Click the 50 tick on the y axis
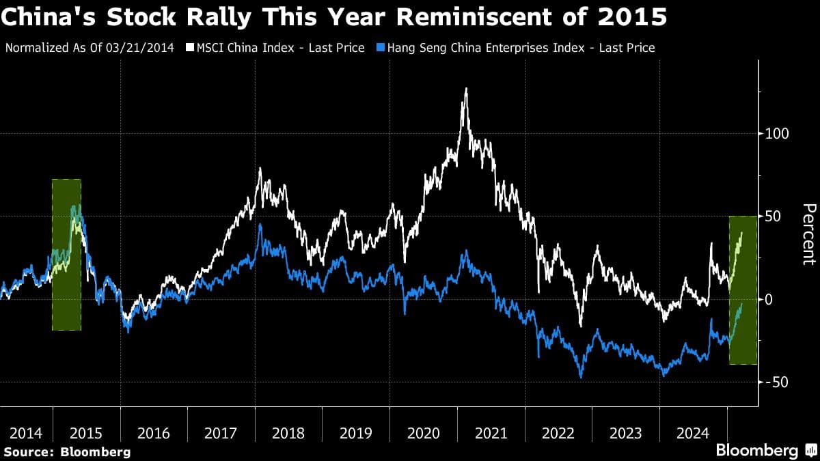click(x=772, y=216)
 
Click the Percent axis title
click(x=808, y=234)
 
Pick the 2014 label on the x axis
click(x=25, y=433)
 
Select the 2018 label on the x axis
click(x=288, y=433)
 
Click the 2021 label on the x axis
click(x=491, y=433)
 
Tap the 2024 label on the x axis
click(x=693, y=433)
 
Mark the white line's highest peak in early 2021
click(x=465, y=89)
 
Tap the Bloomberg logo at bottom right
click(x=764, y=451)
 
